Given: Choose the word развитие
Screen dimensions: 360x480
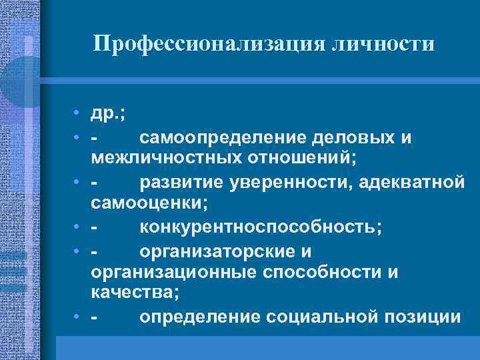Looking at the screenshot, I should (x=178, y=183).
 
